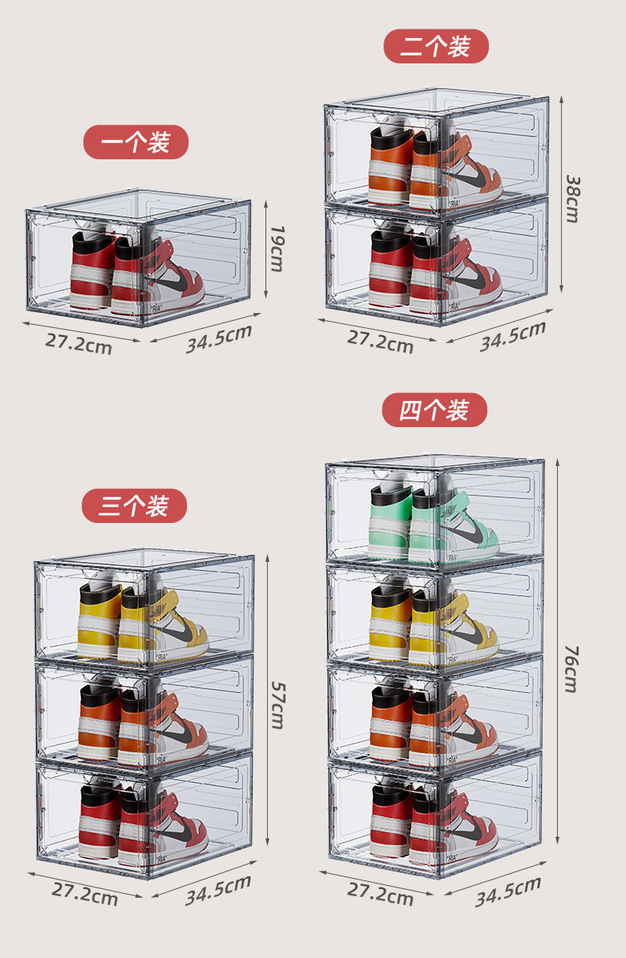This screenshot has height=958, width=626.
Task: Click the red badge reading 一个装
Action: tap(136, 142)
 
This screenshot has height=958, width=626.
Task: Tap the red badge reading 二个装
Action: tap(436, 46)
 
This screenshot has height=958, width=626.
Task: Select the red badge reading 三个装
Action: tap(134, 506)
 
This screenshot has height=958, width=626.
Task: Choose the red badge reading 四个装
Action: tap(434, 410)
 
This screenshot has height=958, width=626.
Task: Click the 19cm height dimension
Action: tap(277, 249)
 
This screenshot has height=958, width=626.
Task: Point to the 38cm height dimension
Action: tap(573, 198)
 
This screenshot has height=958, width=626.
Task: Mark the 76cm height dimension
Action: tap(571, 670)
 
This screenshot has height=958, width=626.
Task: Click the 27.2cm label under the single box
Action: tap(78, 344)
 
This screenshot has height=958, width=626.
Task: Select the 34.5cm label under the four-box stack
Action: tap(509, 891)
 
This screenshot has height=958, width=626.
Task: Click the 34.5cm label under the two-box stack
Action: tap(513, 336)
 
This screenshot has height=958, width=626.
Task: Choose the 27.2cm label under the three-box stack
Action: tap(85, 895)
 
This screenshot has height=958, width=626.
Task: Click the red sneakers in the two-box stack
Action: tap(435, 269)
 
